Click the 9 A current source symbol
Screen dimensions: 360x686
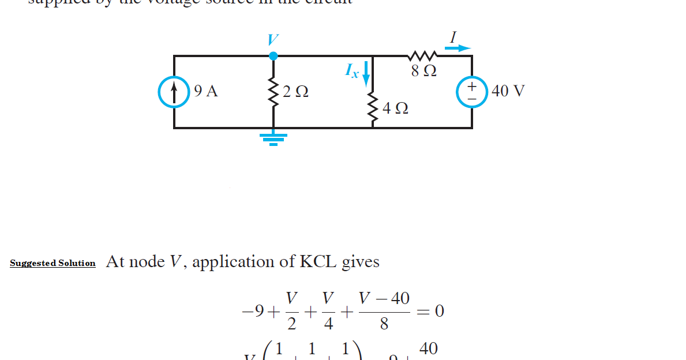(174, 92)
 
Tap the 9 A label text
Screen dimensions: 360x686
(206, 91)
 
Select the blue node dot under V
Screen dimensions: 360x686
(273, 56)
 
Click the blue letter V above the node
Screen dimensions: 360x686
(272, 40)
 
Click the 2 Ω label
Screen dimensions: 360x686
(295, 92)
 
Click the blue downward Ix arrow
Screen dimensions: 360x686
(365, 76)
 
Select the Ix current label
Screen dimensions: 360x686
(351, 71)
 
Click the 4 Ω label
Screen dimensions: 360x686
(396, 108)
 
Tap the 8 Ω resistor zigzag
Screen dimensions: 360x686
(422, 56)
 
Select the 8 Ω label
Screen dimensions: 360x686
(423, 72)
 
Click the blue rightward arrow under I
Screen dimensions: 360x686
(458, 48)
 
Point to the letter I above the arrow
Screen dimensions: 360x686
(453, 36)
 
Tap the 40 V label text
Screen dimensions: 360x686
(508, 91)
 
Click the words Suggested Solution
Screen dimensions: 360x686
(53, 263)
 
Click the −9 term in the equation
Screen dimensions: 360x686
(253, 312)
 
